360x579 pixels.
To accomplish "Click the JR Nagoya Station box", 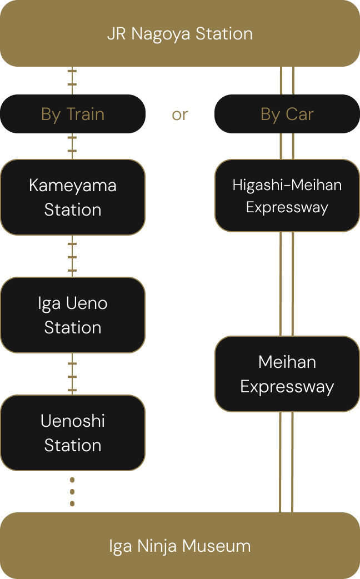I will pos(180,33).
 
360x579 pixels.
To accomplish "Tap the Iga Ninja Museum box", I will pos(180,546).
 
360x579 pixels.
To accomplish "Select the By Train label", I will pos(73,114).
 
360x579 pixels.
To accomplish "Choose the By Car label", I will pos(287,114).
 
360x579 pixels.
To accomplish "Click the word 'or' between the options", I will pos(180,114).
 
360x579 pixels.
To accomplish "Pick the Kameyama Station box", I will pos(73,197).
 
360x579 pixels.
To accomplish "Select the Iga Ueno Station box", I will pos(73,315).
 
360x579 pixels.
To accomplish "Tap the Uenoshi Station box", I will pos(73,433).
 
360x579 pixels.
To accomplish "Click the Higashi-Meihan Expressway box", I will pos(287,196).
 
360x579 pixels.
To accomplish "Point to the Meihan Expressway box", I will pos(287,374).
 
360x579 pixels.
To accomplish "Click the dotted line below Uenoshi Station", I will pos(72,492).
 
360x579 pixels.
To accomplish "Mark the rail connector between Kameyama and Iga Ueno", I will pos(72,256).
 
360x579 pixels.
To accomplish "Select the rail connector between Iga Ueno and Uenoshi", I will pos(72,374).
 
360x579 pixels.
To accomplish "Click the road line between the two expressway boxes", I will pos(287,283).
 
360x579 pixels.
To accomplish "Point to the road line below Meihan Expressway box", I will pos(287,461).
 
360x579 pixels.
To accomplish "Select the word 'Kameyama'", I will pos(73,185).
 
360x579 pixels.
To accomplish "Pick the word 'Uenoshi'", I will pos(73,421).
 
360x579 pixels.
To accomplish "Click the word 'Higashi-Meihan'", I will pos(287,184).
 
